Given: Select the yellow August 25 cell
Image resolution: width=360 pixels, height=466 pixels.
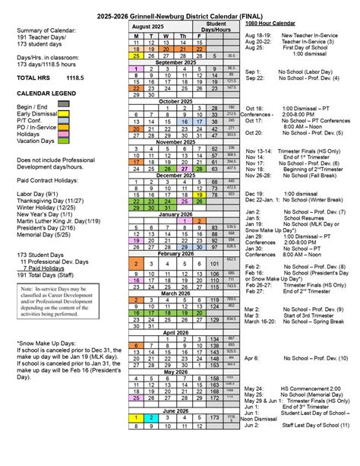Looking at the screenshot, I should [x=136, y=55].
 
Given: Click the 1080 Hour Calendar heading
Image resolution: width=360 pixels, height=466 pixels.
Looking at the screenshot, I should [x=270, y=24].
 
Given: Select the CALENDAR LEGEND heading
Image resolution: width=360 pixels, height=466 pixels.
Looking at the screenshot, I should [x=50, y=94].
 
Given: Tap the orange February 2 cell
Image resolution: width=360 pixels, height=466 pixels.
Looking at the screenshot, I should [x=136, y=264].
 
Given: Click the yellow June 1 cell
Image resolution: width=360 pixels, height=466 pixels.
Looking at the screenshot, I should [x=136, y=418].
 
